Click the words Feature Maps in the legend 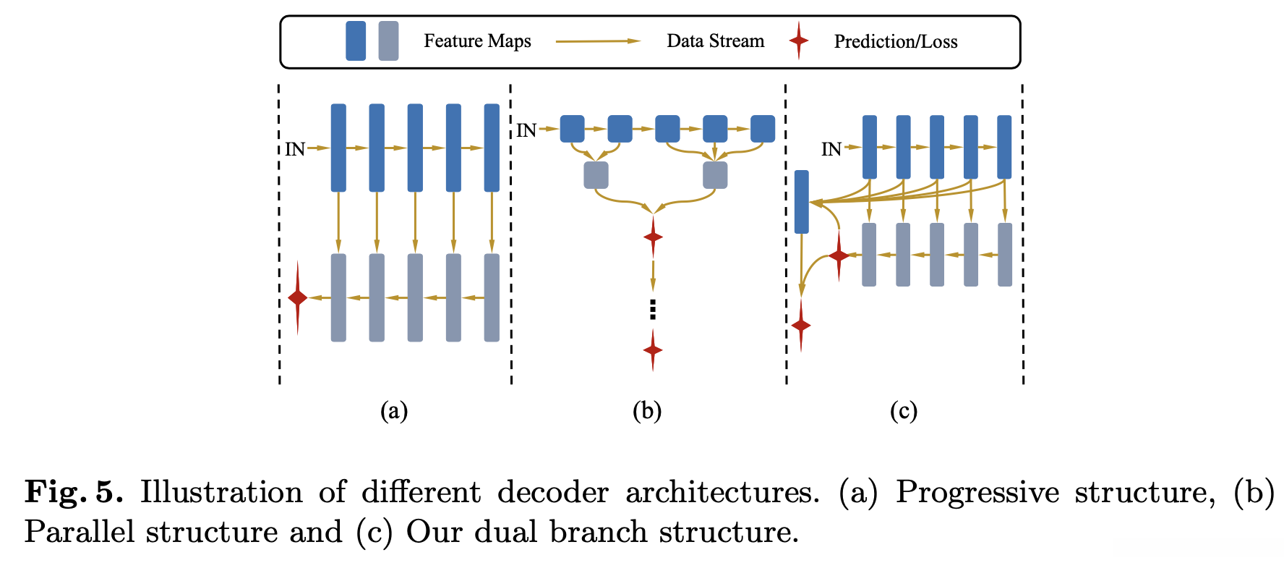click(x=477, y=41)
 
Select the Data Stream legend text click(x=715, y=41)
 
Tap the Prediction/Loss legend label click(x=895, y=42)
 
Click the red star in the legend click(x=798, y=41)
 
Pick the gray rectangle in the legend click(x=388, y=41)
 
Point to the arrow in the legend click(x=598, y=41)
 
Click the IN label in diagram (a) click(x=295, y=149)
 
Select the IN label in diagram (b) click(x=526, y=130)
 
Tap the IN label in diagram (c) click(x=831, y=149)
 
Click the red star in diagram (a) click(x=298, y=297)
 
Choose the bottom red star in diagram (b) click(x=653, y=350)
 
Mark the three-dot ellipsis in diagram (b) click(x=653, y=309)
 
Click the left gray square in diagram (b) click(x=596, y=175)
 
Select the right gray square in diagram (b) click(x=715, y=175)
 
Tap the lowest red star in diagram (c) click(x=801, y=325)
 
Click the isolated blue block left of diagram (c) click(x=801, y=202)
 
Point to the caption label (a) click(x=394, y=411)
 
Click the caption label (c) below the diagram click(x=904, y=411)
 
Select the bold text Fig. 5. click(x=74, y=493)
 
